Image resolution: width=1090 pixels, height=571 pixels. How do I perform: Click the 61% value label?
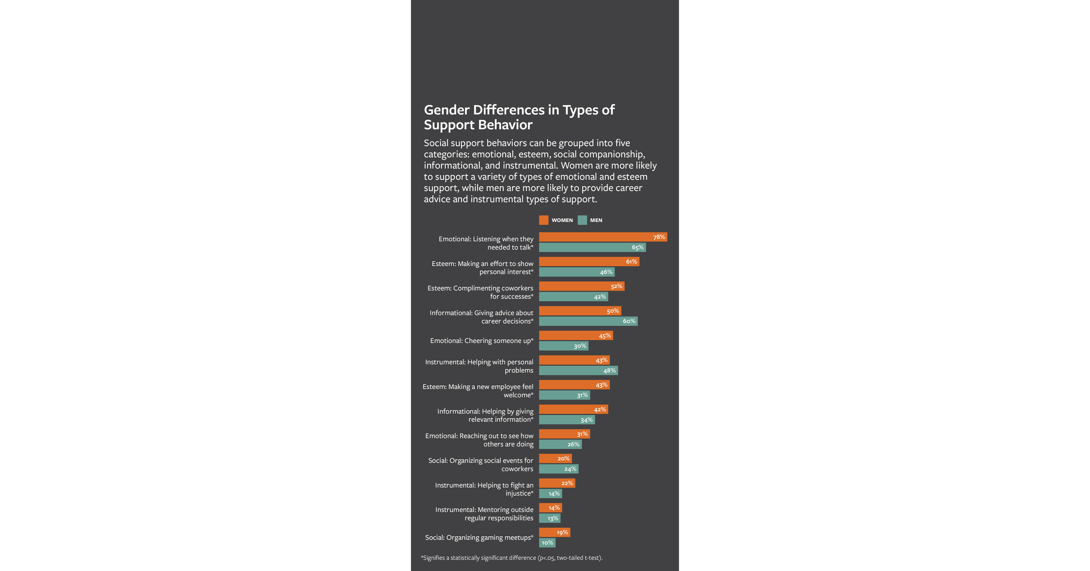click(x=631, y=262)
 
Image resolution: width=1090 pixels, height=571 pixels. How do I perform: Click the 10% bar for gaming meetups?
click(x=547, y=543)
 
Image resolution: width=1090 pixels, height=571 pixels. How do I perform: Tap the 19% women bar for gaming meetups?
click(x=554, y=532)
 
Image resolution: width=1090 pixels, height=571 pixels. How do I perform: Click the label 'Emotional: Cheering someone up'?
click(x=482, y=341)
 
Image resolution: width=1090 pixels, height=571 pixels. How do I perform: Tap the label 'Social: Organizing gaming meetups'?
click(x=479, y=538)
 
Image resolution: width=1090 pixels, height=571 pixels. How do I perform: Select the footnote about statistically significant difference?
click(x=511, y=558)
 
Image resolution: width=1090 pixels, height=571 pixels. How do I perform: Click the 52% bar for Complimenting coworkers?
click(x=581, y=286)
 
